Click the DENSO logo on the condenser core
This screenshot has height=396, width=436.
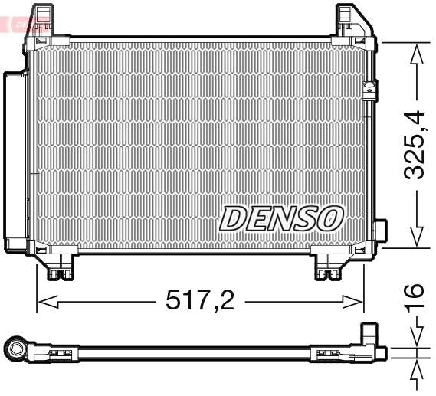click(280, 218)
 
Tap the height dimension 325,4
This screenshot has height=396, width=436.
click(415, 146)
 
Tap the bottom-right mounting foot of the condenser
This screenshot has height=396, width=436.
click(333, 267)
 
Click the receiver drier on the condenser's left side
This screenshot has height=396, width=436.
click(15, 161)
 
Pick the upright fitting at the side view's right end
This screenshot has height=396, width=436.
click(369, 337)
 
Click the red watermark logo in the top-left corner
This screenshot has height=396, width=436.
click(23, 24)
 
